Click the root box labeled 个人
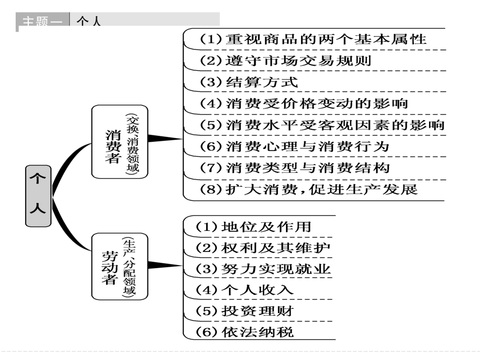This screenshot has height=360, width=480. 38,195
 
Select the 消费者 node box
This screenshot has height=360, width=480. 120,141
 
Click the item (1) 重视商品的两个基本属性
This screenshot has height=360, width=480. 313,39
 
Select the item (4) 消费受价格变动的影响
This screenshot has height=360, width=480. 304,104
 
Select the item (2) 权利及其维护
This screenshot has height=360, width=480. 263,248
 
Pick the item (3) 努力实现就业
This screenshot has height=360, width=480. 263,269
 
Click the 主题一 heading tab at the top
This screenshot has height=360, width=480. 44,21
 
